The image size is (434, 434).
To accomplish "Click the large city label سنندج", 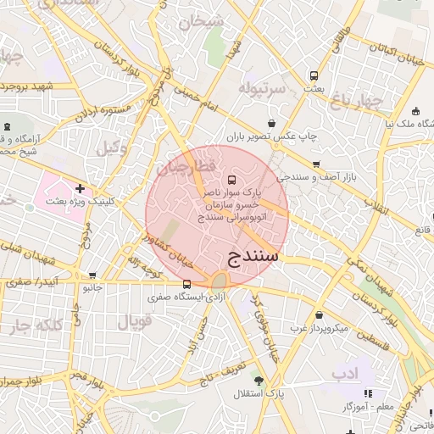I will pyautogui.click(x=254, y=255).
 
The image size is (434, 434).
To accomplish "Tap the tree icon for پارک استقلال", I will pyautogui.click(x=258, y=381).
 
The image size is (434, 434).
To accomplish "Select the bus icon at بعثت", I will pyautogui.click(x=314, y=75).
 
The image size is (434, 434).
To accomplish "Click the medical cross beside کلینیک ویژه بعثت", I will pyautogui.click(x=80, y=188).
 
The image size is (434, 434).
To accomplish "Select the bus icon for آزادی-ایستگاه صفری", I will pyautogui.click(x=186, y=284).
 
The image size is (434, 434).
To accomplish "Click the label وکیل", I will pyautogui.click(x=111, y=147).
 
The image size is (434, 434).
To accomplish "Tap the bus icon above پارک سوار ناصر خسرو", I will pyautogui.click(x=232, y=180).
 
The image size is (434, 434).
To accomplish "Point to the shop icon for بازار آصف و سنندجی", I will pyautogui.click(x=316, y=164).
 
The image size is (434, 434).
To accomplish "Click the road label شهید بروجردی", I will pyautogui.click(x=27, y=86).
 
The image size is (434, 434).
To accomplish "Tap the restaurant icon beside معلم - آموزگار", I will pyautogui.click(x=368, y=393).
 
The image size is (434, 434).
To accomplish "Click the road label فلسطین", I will pyautogui.click(x=367, y=337).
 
